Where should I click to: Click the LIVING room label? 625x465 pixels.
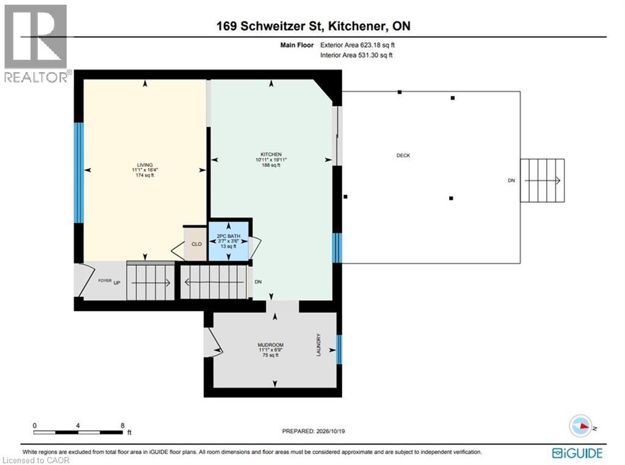pos(145,165)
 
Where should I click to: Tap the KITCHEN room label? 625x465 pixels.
pos(271,155)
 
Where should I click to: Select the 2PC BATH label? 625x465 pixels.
pos(228,236)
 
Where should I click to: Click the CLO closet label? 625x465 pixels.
pos(197,244)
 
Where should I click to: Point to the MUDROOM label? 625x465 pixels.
pos(270,345)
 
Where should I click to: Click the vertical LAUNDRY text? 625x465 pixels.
pos(319,345)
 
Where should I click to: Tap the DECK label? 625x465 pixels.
pos(403,155)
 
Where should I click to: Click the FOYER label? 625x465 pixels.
pos(105,280)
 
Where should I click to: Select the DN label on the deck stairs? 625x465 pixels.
pos(511,180)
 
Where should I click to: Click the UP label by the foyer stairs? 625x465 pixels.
pos(117,282)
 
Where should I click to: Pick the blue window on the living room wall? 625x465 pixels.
pos(79,172)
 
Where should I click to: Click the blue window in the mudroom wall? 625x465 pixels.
pos(339,350)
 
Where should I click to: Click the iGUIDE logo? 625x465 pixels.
pos(577,453)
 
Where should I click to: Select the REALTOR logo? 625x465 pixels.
pos(37,44)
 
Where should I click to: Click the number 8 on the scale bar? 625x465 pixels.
pos(122,425)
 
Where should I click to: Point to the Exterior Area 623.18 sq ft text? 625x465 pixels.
pos(358,45)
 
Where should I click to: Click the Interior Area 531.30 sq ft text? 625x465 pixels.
pos(356,55)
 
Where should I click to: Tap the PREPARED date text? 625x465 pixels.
pos(313,431)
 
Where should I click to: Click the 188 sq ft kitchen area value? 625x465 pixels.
pos(271,165)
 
